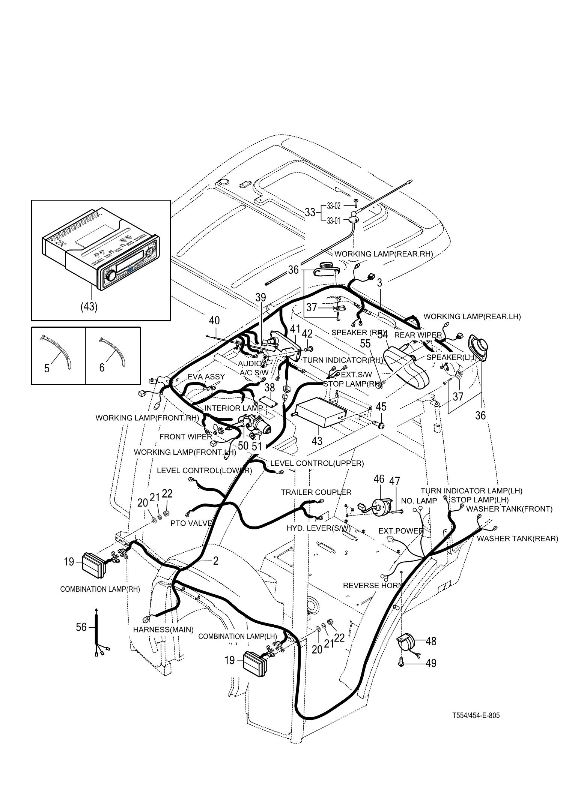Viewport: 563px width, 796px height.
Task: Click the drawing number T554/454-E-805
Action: (476, 715)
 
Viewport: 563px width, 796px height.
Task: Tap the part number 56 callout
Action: (81, 627)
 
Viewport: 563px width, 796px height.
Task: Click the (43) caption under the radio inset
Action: (89, 306)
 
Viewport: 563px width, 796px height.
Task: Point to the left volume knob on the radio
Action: (111, 276)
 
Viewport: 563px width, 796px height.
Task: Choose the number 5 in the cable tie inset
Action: (47, 368)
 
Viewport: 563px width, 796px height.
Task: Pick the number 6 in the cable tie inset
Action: (102, 367)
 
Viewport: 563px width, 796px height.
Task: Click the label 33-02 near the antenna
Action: (334, 206)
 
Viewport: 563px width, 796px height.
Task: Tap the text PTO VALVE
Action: (191, 523)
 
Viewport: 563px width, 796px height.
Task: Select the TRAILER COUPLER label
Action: (316, 492)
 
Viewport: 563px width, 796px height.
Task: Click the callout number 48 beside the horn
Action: (431, 641)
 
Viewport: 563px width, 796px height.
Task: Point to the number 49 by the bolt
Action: (431, 663)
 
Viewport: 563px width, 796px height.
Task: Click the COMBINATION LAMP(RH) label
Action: (100, 589)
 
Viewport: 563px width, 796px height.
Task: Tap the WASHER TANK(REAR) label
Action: (517, 538)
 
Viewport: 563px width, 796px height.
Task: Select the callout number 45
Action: (381, 406)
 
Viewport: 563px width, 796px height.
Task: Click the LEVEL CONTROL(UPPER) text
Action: (317, 463)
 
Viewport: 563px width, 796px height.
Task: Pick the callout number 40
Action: (214, 321)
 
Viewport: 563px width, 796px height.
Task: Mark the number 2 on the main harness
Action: (215, 561)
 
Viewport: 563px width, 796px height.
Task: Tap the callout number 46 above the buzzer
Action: (379, 479)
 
